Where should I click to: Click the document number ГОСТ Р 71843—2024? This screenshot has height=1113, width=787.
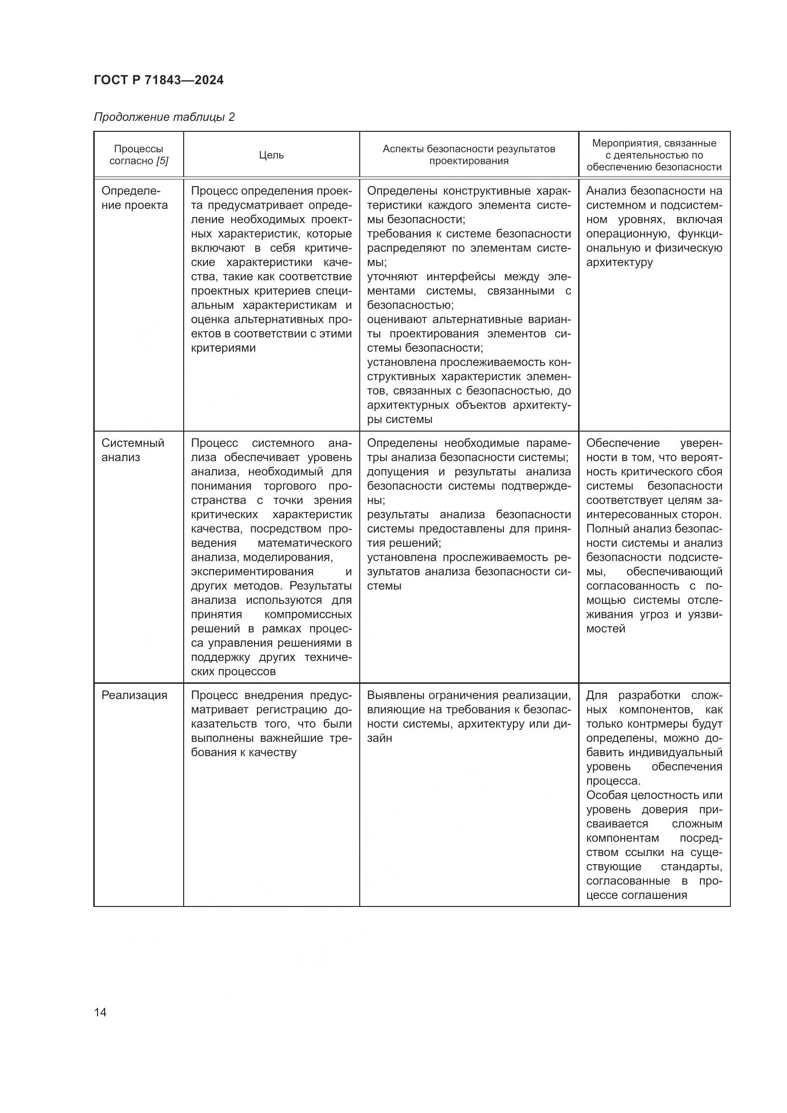(158, 80)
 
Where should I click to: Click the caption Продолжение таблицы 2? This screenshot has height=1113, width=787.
(164, 117)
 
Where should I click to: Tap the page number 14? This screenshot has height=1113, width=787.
(100, 1012)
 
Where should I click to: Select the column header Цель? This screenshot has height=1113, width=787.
(271, 155)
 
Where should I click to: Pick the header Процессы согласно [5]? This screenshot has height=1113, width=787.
(138, 155)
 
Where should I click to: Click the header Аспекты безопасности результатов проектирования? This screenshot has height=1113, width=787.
(469, 155)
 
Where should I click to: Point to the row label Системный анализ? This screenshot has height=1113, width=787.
(132, 450)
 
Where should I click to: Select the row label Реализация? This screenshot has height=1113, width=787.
(134, 695)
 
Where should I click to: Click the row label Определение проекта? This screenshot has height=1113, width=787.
(134, 198)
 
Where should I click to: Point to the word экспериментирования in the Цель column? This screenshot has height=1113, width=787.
(252, 571)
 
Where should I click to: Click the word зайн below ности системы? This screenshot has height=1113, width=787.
(379, 738)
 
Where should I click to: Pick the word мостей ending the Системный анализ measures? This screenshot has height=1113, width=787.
(605, 629)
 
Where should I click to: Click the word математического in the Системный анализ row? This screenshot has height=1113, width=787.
(305, 543)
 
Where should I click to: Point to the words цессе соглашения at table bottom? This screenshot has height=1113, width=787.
(636, 895)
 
